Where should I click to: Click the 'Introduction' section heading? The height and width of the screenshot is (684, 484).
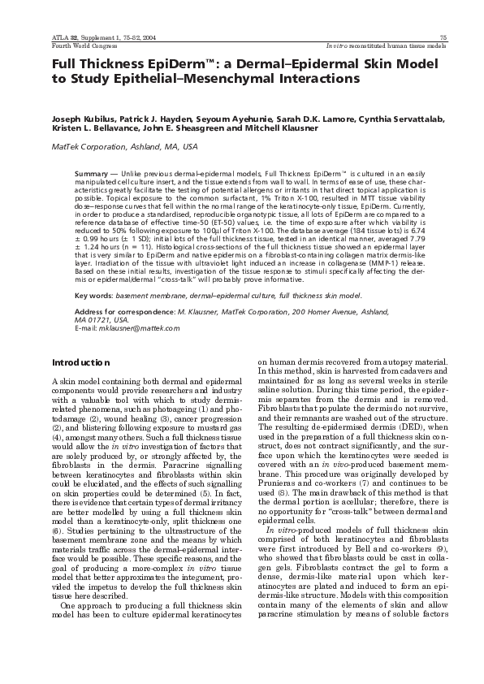[80, 362]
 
